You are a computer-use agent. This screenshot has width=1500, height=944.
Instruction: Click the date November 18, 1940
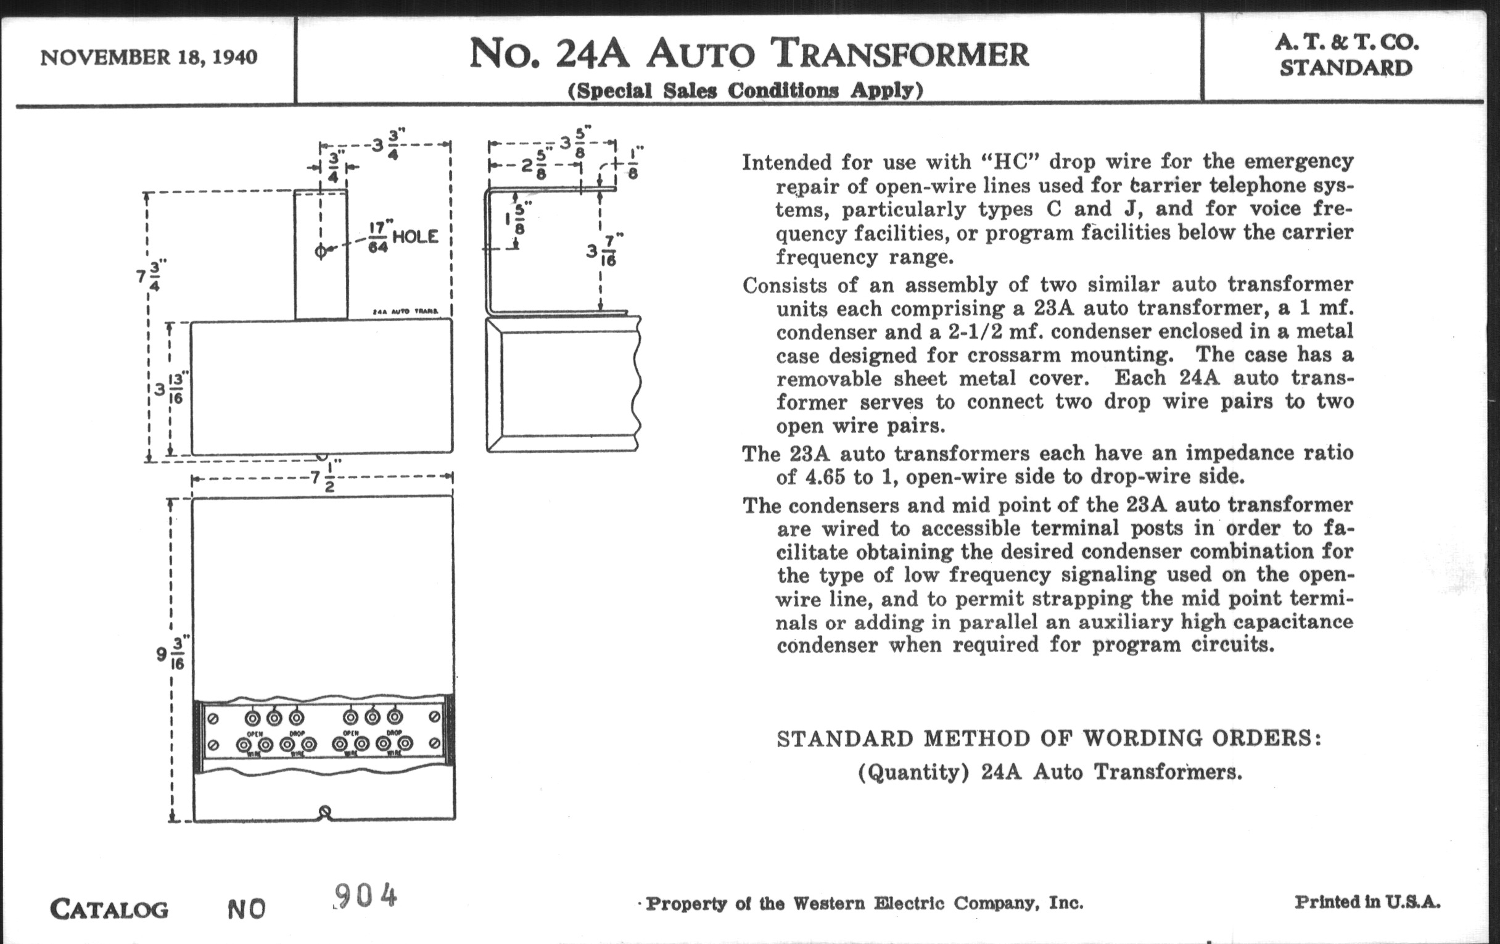point(148,58)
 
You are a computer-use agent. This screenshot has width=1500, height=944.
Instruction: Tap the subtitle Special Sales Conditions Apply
point(745,91)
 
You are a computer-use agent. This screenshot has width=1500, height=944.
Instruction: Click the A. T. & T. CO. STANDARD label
point(1346,55)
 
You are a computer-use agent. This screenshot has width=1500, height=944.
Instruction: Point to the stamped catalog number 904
point(366,896)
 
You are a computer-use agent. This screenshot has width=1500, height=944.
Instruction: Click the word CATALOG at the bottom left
point(109,909)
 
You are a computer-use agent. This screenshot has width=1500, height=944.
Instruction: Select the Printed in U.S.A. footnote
point(1367,901)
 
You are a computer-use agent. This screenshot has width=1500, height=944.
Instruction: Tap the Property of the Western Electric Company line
point(864,903)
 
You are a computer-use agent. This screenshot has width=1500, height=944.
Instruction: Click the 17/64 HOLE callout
point(403,237)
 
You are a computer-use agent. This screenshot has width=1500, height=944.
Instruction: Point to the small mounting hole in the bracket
point(321,251)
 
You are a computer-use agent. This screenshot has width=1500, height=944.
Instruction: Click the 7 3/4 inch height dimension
point(149,276)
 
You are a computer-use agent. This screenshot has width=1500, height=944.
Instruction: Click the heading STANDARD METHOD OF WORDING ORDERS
point(1049,739)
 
